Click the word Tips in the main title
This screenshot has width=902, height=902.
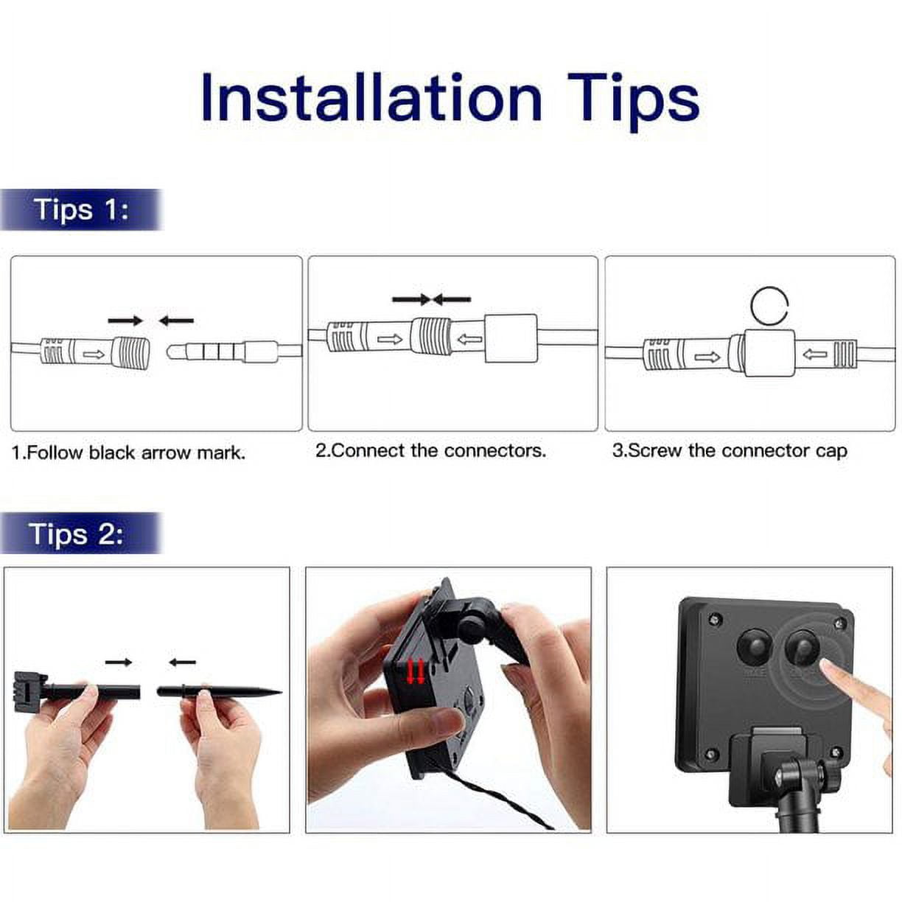click(x=633, y=102)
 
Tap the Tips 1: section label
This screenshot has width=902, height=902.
click(x=81, y=209)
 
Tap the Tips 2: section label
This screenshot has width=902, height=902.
click(x=77, y=533)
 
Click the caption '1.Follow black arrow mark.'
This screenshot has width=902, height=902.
click(x=129, y=452)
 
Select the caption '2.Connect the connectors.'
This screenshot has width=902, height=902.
click(x=430, y=450)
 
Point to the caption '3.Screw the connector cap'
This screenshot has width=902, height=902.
click(x=730, y=450)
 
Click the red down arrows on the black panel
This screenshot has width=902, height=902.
click(x=415, y=671)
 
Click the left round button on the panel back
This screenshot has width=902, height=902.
click(x=752, y=646)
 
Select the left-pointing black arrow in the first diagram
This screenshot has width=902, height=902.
click(x=176, y=321)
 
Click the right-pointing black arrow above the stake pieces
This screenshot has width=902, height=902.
click(x=119, y=662)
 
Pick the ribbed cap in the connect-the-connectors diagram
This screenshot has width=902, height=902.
click(x=431, y=337)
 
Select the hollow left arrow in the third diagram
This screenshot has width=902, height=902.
click(x=815, y=355)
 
